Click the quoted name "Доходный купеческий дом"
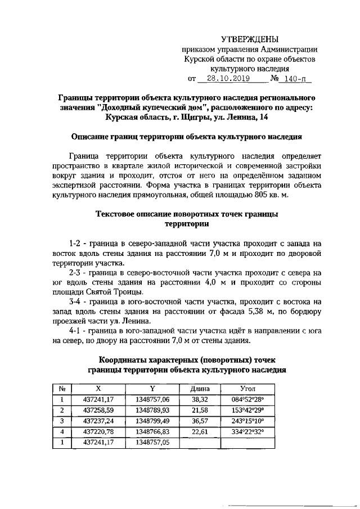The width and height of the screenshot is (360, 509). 143,107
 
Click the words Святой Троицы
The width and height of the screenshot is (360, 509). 116,292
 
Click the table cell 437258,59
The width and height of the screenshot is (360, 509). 98,410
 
